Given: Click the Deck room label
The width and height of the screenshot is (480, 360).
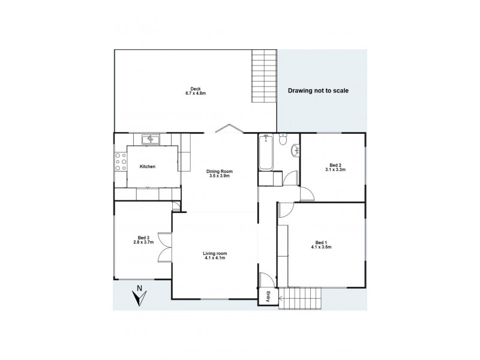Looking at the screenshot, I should pyautogui.click(x=195, y=87).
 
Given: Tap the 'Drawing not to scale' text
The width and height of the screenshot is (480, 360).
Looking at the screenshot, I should pyautogui.click(x=318, y=91).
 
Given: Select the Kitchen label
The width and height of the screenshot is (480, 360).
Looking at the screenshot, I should pyautogui.click(x=148, y=166).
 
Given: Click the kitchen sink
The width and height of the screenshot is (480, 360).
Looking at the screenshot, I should pyautogui.click(x=150, y=139).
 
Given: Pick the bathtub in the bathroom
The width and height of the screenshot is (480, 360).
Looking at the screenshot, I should pyautogui.click(x=266, y=153).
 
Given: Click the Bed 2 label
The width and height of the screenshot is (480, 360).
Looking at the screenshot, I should pyautogui.click(x=335, y=165).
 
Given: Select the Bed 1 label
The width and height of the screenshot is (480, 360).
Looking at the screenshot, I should pyautogui.click(x=322, y=242).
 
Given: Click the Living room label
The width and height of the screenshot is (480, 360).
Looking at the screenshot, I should pyautogui.click(x=215, y=253).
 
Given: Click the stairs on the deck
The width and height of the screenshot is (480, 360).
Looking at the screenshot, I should pyautogui.click(x=264, y=78).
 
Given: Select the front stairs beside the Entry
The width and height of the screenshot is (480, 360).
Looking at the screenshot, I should pyautogui.click(x=302, y=297).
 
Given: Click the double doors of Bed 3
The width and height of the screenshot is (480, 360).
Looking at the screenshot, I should pyautogui.click(x=163, y=247).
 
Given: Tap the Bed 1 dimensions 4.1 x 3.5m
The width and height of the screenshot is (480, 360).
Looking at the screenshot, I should pyautogui.click(x=322, y=248).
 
